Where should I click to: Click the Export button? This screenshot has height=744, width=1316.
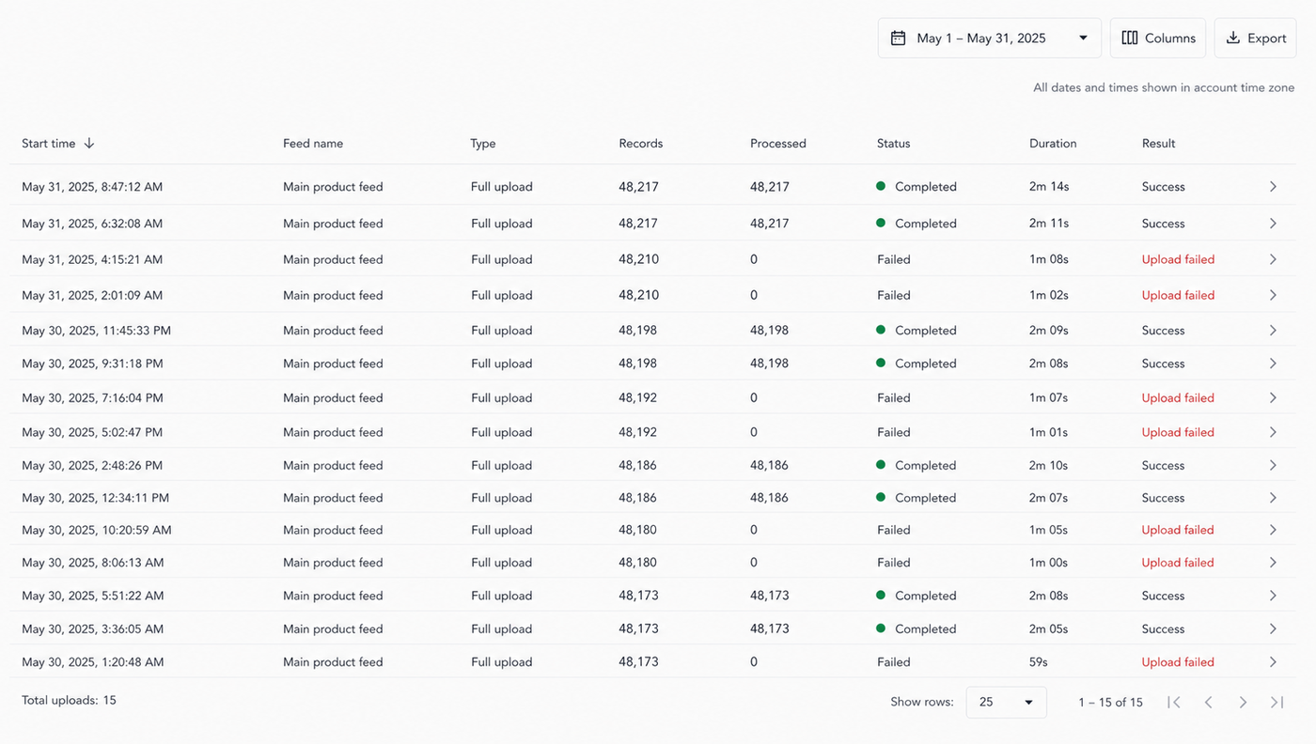(x=1255, y=39)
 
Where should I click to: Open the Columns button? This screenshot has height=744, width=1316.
(x=1157, y=39)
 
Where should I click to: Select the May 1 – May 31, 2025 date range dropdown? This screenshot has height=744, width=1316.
(x=989, y=39)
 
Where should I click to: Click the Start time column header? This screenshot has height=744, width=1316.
(x=49, y=144)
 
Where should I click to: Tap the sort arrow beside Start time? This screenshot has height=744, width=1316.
(x=88, y=144)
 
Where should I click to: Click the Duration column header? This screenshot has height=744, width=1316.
(x=1053, y=144)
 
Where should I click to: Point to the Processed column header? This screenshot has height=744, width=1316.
(x=778, y=144)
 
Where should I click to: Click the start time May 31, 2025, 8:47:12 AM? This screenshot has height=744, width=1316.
(x=92, y=187)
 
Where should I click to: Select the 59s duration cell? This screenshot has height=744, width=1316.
(x=1038, y=661)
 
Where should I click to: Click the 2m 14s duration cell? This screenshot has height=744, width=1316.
(x=1049, y=187)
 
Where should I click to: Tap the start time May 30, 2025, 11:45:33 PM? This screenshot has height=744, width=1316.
(x=96, y=331)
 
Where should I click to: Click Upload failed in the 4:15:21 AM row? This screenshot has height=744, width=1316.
(x=1178, y=259)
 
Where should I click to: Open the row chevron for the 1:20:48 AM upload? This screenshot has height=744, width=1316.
(x=1273, y=661)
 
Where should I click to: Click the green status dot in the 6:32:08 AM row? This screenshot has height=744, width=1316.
(x=881, y=224)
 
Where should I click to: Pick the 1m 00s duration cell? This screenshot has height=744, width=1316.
(x=1048, y=563)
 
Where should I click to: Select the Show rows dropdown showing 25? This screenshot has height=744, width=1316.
(x=1006, y=703)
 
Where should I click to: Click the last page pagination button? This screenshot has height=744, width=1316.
(x=1277, y=703)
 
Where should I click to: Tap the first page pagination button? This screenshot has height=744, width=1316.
(x=1174, y=703)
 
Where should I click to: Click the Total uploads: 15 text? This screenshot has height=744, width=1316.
(x=69, y=701)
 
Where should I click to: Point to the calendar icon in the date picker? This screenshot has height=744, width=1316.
(x=898, y=39)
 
